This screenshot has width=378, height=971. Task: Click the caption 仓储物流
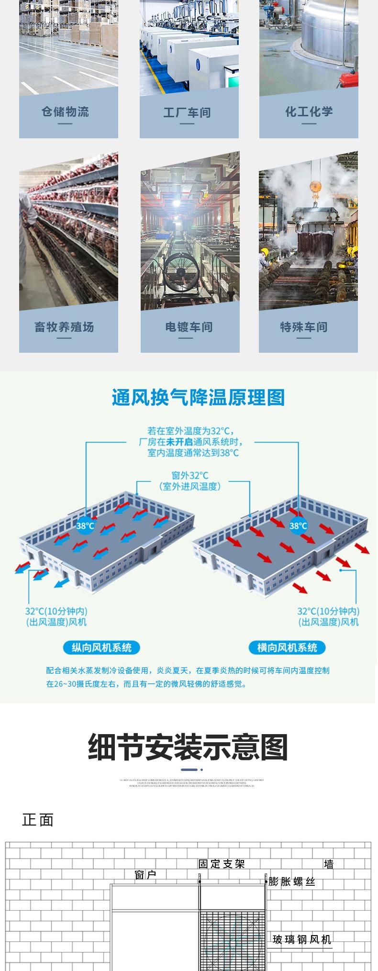[x=65, y=112]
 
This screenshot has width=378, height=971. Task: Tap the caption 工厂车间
[x=187, y=113]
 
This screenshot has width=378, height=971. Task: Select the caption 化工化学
[x=309, y=112]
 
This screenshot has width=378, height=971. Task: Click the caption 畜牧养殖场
[x=64, y=327]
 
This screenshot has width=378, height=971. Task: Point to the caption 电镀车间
[x=189, y=327]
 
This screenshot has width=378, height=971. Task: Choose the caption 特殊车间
[x=304, y=327]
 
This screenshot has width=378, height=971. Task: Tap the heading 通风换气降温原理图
[x=198, y=397]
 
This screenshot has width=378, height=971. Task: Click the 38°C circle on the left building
[x=85, y=525]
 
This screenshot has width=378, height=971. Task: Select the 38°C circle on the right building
[x=298, y=525]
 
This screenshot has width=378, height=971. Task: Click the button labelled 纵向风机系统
[x=101, y=647]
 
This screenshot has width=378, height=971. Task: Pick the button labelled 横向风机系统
[x=287, y=647]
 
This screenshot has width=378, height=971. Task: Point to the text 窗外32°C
[x=190, y=475]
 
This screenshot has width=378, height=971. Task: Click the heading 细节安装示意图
[x=188, y=748]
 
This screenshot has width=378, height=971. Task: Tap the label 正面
[x=38, y=820]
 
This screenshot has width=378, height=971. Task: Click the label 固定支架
[x=222, y=864]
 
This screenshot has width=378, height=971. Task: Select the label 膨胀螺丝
[x=292, y=882]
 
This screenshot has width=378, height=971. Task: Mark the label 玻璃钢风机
[x=301, y=939]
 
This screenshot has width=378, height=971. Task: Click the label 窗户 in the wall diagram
[x=145, y=875]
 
